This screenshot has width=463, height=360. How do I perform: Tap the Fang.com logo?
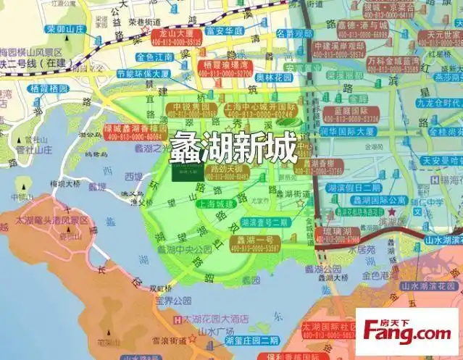click(407, 333)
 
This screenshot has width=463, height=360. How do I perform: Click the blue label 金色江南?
click(154, 56)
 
